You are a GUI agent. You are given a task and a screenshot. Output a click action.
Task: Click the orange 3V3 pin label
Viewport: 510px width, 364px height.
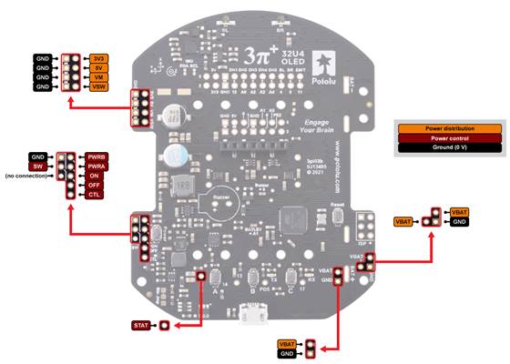(x=97, y=58)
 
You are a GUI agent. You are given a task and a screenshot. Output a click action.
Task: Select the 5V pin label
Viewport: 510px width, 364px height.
(x=97, y=68)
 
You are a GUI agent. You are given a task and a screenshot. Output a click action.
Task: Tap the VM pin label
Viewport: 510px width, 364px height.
(x=97, y=78)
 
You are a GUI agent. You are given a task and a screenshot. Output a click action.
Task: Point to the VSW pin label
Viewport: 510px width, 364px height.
(x=97, y=88)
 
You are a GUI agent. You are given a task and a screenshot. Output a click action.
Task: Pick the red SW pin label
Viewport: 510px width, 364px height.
(x=37, y=167)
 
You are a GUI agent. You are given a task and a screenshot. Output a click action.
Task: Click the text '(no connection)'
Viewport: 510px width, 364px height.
(x=25, y=176)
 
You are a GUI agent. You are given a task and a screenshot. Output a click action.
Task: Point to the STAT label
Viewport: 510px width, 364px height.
(x=141, y=324)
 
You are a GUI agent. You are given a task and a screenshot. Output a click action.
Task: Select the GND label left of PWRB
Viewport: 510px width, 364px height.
(x=37, y=157)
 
